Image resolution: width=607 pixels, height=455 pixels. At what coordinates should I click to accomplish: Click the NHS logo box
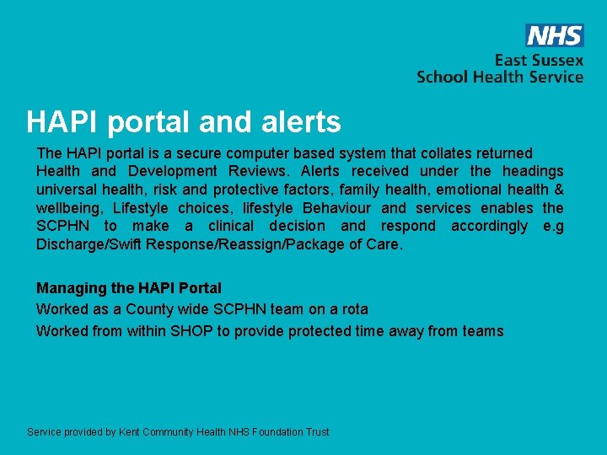click(554, 35)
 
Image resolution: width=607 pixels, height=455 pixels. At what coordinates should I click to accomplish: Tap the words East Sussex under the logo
click(539, 61)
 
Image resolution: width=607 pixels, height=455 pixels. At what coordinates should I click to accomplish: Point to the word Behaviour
click(335, 208)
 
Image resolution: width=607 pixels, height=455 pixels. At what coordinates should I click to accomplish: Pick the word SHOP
click(191, 331)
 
